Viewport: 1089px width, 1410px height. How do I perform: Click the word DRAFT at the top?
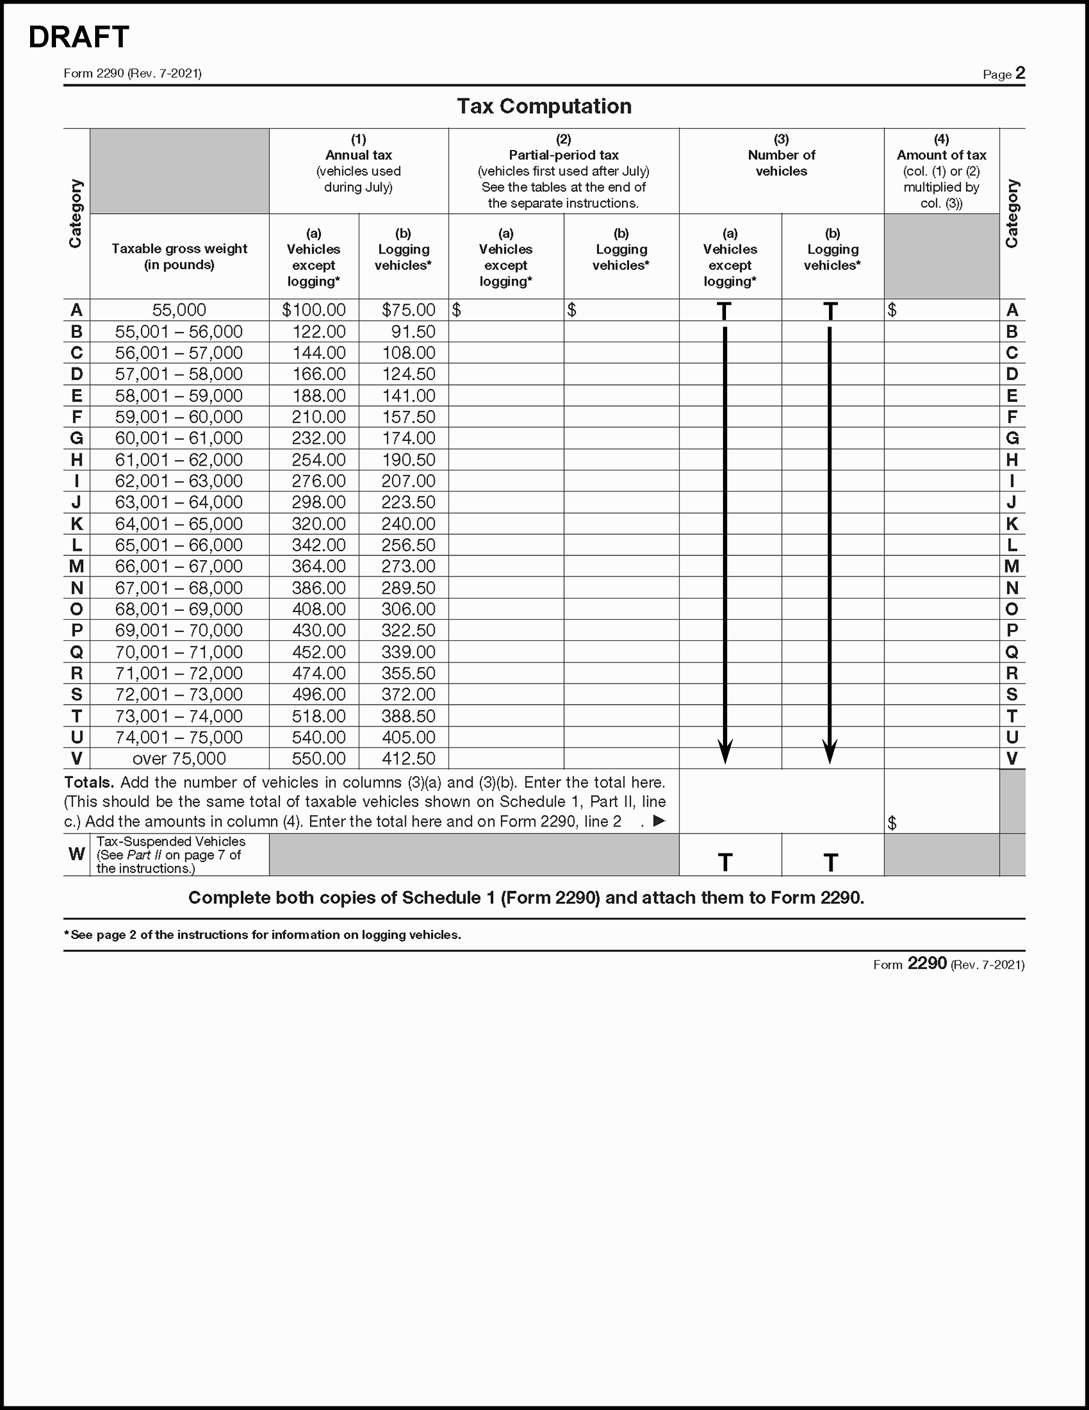(x=79, y=37)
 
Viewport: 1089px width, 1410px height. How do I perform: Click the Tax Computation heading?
(x=544, y=106)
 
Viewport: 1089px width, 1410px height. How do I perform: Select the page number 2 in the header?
(x=1019, y=73)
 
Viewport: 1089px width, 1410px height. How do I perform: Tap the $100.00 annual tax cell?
(x=314, y=310)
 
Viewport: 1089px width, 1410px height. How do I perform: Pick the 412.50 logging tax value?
(x=408, y=758)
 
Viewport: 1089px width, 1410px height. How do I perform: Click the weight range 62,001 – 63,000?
(x=179, y=481)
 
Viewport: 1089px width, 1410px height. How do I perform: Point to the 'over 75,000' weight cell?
(x=179, y=758)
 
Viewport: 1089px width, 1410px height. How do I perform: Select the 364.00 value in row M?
(x=318, y=566)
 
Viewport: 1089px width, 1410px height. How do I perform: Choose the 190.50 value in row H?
(x=408, y=460)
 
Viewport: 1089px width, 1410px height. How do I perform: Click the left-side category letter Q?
(x=76, y=652)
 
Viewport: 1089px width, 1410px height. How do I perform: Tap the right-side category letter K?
(x=1011, y=523)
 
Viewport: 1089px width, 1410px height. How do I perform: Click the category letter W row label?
(x=76, y=854)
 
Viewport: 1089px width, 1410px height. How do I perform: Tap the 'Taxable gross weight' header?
(x=179, y=257)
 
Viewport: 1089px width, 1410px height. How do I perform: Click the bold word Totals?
(x=89, y=782)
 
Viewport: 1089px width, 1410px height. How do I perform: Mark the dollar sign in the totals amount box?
(x=892, y=823)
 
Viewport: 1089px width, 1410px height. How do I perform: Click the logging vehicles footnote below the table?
(x=262, y=935)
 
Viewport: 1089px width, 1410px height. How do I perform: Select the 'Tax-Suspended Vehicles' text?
(x=171, y=841)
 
